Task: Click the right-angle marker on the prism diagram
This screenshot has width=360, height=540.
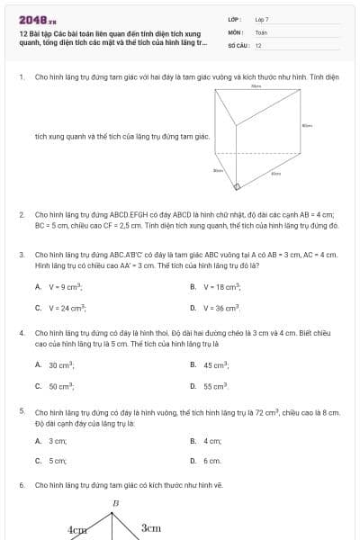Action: click(237, 188)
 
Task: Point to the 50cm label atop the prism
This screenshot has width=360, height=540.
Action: click(256, 87)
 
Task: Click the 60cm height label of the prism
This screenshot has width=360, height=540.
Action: click(308, 126)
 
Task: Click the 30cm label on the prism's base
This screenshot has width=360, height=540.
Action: click(218, 170)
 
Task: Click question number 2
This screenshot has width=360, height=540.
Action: click(21, 215)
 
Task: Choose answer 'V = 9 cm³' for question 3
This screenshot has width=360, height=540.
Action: click(64, 286)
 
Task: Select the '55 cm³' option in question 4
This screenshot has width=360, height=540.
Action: click(217, 386)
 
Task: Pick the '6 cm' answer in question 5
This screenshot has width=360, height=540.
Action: click(212, 461)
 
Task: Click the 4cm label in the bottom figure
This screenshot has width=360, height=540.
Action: click(77, 531)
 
